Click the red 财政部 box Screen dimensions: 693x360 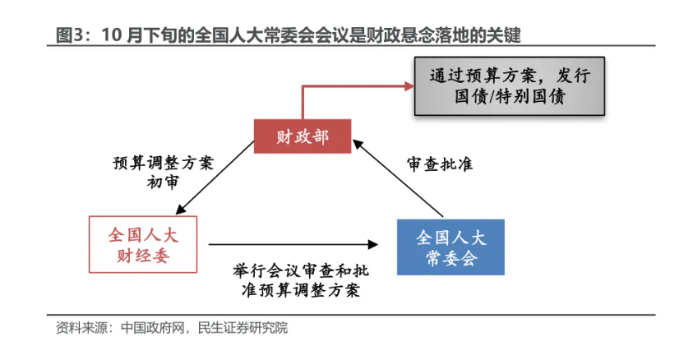(303, 136)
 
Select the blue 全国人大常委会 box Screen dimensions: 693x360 (450, 247)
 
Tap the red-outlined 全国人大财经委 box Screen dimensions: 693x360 (143, 244)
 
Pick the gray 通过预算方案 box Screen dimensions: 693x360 (509, 86)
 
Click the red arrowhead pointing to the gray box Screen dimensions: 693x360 (409, 86)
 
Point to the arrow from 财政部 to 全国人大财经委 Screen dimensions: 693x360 (215, 178)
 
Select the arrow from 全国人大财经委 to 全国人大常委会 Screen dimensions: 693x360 (293, 244)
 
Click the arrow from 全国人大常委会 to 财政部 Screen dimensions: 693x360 (398, 178)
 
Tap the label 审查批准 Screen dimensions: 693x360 (440, 164)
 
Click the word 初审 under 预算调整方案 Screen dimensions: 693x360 (163, 182)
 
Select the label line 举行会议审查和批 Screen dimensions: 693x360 (301, 270)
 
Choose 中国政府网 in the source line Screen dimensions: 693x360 (152, 328)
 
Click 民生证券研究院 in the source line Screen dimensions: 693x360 (243, 328)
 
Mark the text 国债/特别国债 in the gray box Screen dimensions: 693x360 (510, 97)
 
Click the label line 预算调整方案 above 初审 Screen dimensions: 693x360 (163, 163)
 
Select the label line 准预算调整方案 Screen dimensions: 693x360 (301, 290)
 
